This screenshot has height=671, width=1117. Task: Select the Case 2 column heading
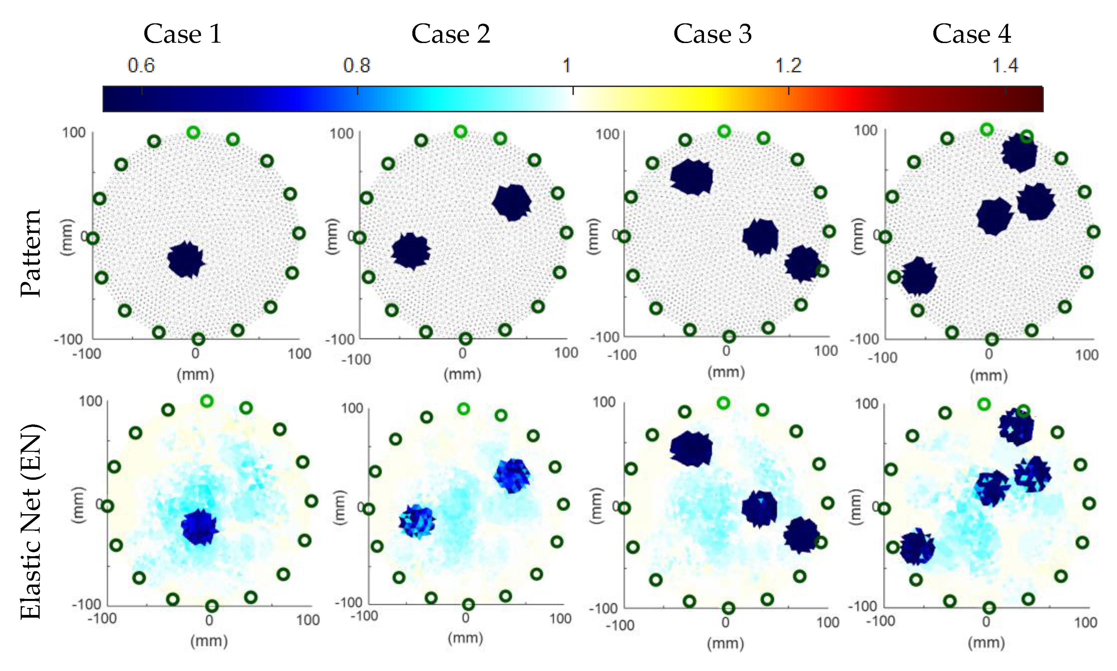(450, 34)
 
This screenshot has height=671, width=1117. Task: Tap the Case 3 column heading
(712, 34)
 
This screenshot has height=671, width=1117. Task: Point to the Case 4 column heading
(972, 34)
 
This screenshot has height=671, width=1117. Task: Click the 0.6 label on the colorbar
(141, 65)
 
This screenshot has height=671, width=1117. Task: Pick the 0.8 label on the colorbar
(356, 65)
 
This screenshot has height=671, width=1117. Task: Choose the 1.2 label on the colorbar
(788, 65)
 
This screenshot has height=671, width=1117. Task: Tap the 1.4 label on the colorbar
(1005, 65)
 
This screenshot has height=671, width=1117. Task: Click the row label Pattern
(31, 253)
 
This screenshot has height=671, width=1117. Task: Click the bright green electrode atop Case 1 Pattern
(193, 132)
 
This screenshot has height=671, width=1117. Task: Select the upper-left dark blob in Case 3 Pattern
(691, 177)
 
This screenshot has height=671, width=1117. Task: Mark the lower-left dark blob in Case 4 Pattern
(919, 277)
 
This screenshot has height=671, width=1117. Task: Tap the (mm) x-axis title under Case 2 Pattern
(462, 374)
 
